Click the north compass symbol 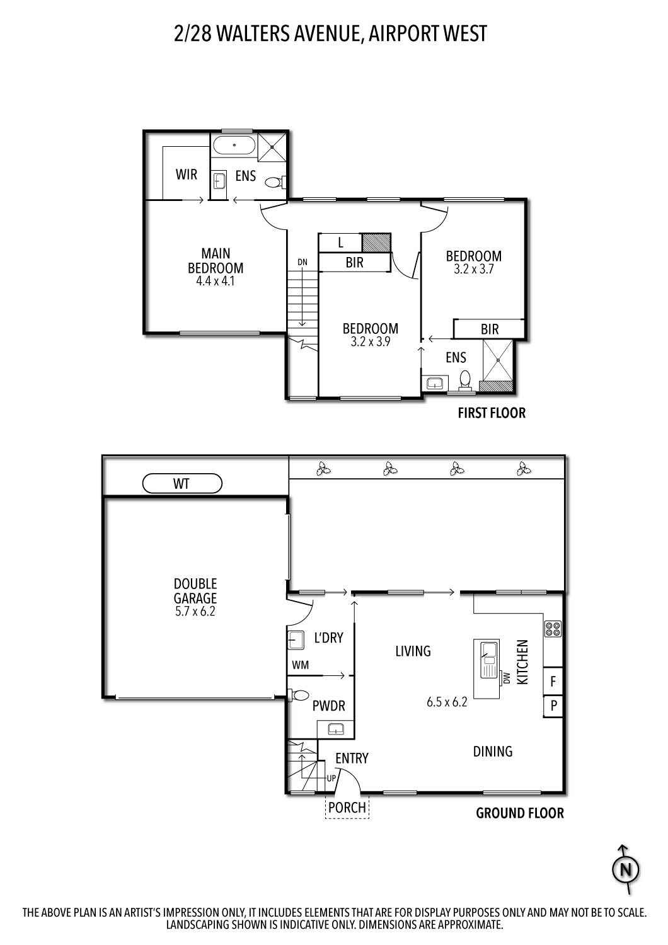point(626,870)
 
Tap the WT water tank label point(182,484)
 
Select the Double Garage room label point(195,590)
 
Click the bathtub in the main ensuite point(234,146)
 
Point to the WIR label point(187,175)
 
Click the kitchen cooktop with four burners point(553,629)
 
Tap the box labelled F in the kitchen point(553,681)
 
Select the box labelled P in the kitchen point(553,706)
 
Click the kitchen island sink point(488,653)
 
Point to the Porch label point(347,807)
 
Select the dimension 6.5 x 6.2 point(446,702)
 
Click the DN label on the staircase point(303,261)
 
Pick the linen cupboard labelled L point(340,243)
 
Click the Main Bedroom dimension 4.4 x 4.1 point(215,281)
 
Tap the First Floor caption point(491,413)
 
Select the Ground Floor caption point(519,813)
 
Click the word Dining point(492,751)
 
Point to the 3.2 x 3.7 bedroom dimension point(473,268)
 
